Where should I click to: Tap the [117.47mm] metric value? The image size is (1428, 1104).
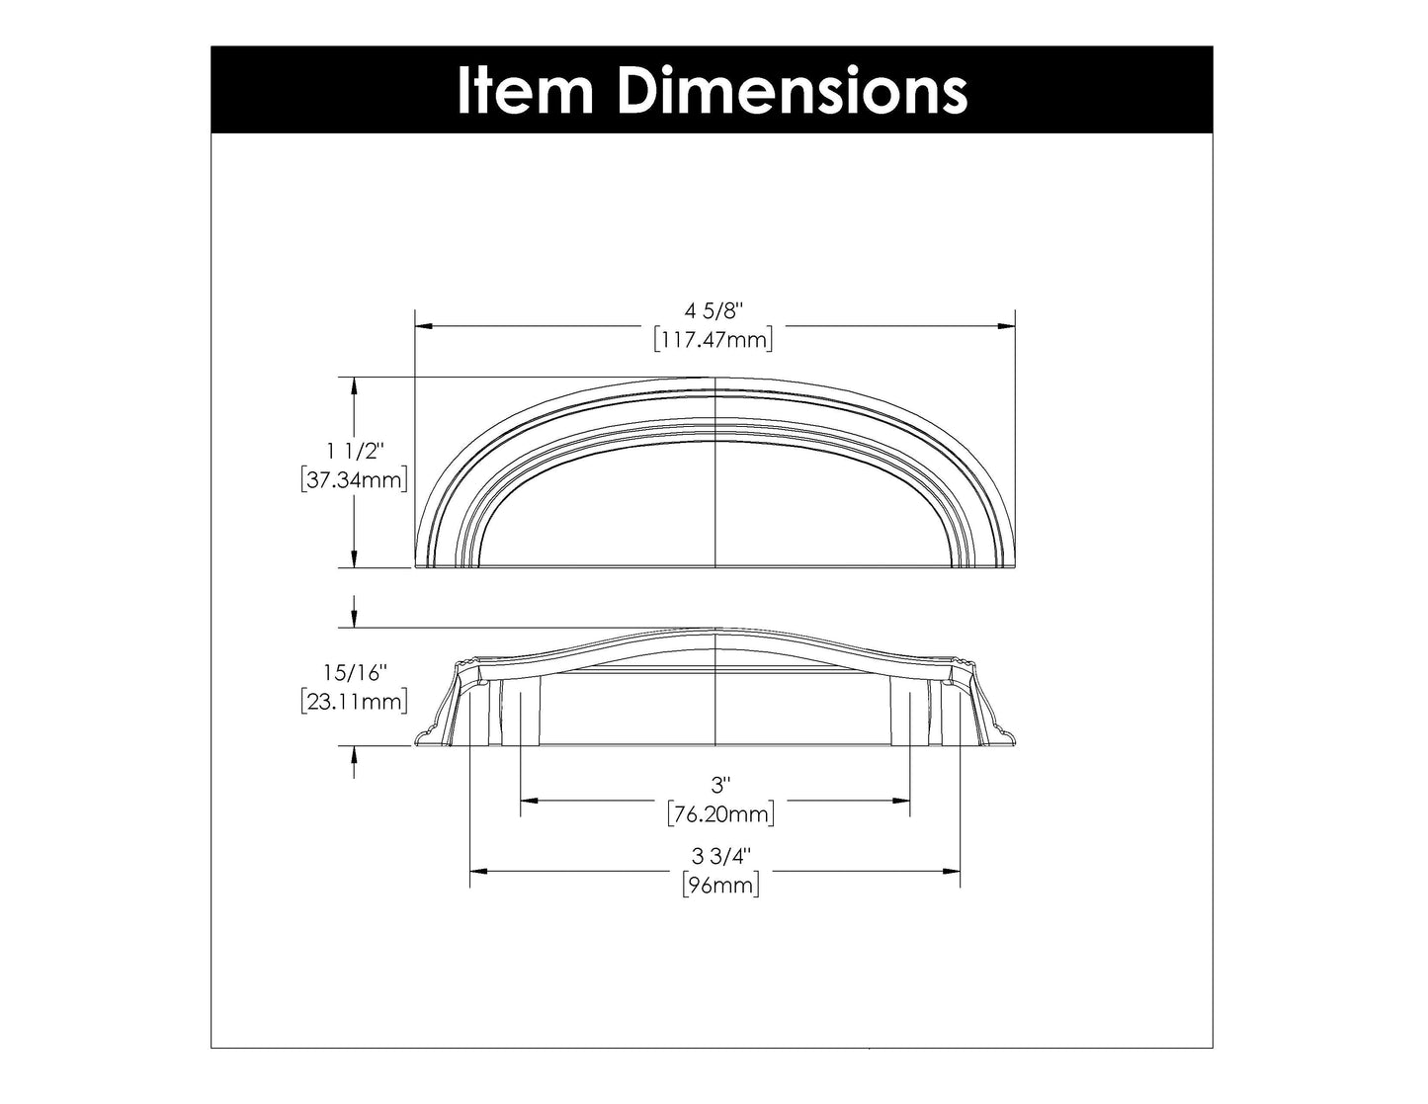coord(713,339)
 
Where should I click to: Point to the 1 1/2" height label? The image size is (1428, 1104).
coord(355,452)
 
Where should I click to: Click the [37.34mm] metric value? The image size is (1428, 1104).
coord(355,480)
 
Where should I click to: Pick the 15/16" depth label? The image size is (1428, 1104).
coord(355,673)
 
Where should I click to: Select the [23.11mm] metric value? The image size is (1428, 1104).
coord(355,702)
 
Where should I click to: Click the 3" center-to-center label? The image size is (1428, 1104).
coord(720,785)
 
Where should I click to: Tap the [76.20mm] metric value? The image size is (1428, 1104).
coord(720,813)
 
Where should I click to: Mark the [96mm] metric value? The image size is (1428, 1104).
coord(720,885)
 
